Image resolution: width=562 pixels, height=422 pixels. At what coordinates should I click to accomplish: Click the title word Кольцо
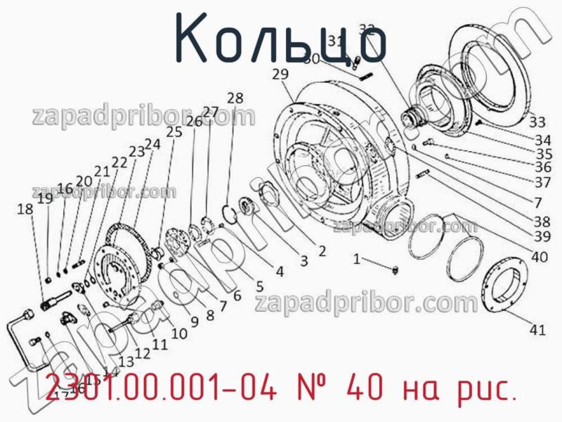pos(280,39)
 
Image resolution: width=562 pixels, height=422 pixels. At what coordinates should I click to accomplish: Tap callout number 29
pos(280,75)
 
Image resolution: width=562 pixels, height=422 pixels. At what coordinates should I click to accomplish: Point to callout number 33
pos(537,120)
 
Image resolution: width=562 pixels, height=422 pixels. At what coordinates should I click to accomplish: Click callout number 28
pos(235,98)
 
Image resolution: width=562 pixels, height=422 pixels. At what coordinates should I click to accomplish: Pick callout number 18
pos(25,209)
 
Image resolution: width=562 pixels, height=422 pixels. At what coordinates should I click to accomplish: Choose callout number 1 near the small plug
pos(357,260)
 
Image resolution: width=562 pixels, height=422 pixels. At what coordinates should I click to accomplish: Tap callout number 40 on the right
pos(539,257)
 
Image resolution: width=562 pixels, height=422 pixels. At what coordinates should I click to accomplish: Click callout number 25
pos(174,132)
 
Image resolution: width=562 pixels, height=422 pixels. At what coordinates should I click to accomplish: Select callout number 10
pos(179,334)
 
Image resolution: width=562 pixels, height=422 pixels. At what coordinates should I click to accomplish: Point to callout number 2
pos(321,250)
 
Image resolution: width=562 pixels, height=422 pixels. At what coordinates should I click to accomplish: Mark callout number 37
pos(542,182)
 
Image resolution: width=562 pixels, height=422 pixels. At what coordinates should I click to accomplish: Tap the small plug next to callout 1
pos(395,270)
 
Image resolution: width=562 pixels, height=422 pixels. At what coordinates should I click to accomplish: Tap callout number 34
pos(542,139)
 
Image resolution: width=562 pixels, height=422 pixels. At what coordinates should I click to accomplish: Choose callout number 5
pos(259,286)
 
